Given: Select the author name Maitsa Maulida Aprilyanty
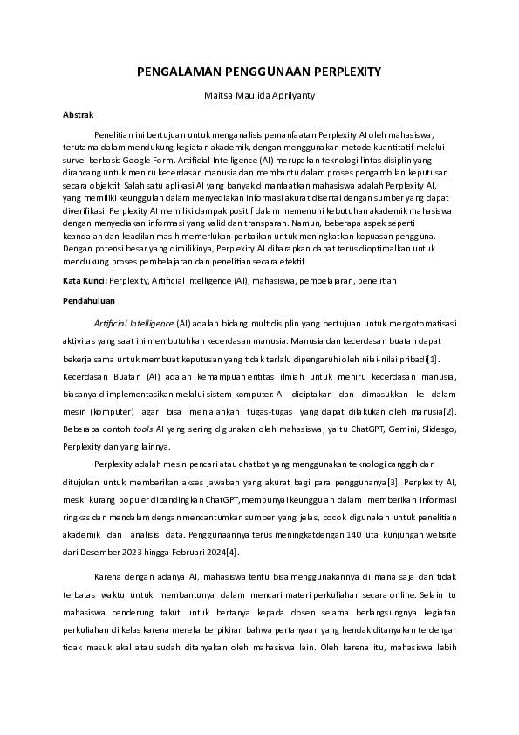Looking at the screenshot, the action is coord(259,93).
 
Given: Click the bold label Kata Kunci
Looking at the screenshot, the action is coord(84,281).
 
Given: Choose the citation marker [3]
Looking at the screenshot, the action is coord(393,482).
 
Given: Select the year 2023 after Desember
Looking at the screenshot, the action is coord(135,553).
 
